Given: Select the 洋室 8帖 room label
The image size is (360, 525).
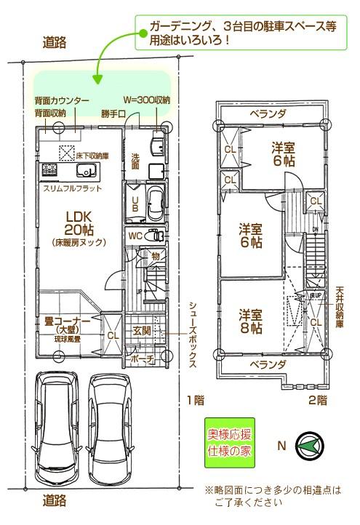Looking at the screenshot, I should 251,322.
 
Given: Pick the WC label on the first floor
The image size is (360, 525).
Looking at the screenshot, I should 135,236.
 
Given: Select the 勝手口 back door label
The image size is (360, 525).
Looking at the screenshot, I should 113,113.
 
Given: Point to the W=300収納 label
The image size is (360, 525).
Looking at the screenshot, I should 147,100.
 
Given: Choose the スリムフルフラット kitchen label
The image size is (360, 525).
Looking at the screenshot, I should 72,188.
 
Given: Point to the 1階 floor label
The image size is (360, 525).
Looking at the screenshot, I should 193,400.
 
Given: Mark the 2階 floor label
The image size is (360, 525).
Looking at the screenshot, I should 317,400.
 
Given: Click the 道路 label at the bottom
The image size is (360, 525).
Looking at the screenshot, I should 55,500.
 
